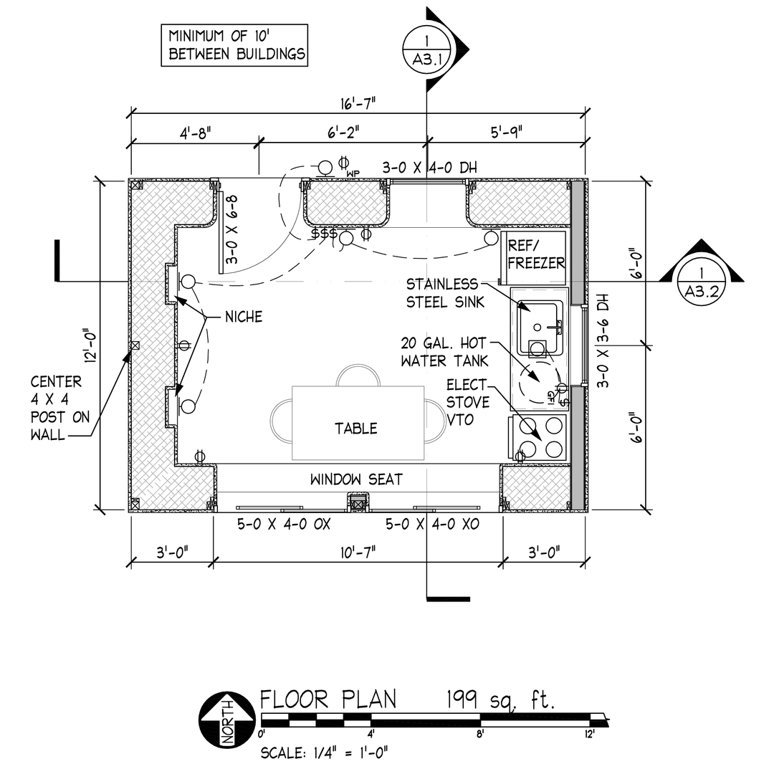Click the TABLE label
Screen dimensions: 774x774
[x=356, y=429]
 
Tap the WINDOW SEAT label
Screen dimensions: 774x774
[x=356, y=479]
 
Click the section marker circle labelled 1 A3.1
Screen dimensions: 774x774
[x=427, y=49]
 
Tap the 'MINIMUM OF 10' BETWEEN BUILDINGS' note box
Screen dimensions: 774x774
[x=234, y=45]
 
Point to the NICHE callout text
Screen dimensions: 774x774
[x=244, y=316]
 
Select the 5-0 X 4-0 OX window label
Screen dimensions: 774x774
[x=284, y=525]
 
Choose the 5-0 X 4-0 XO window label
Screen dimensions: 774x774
[x=432, y=525]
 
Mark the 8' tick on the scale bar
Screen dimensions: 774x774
[x=479, y=733]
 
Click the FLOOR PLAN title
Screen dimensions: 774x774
[x=328, y=699]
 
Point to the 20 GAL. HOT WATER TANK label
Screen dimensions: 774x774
[x=445, y=351]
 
